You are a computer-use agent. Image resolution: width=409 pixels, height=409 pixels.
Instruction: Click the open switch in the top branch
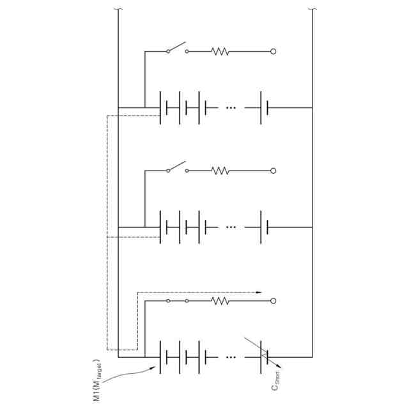tap(177, 48)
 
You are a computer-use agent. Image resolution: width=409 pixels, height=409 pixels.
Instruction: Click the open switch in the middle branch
tap(177, 167)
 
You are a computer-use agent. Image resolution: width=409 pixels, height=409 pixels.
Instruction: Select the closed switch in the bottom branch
tap(177, 300)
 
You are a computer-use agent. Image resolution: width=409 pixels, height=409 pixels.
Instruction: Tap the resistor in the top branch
tap(220, 51)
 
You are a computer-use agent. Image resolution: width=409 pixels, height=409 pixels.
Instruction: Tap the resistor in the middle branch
tap(220, 171)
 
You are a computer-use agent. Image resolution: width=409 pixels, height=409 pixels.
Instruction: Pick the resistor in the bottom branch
tap(220, 300)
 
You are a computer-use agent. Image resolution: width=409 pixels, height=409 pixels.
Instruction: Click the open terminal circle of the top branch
tap(274, 51)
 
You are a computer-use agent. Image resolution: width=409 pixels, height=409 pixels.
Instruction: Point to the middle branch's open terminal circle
tap(274, 171)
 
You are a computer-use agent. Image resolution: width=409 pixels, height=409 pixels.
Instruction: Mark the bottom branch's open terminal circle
tap(274, 300)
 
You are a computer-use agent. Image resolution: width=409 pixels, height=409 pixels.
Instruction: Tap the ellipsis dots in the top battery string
tap(231, 108)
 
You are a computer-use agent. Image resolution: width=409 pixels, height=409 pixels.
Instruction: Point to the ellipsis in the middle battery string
tap(231, 227)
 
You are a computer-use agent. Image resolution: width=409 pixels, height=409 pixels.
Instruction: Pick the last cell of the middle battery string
tap(265, 227)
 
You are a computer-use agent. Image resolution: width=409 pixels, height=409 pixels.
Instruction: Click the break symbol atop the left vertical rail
tap(118, 10)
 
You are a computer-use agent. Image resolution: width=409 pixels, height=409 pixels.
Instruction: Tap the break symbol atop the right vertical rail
tap(312, 10)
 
